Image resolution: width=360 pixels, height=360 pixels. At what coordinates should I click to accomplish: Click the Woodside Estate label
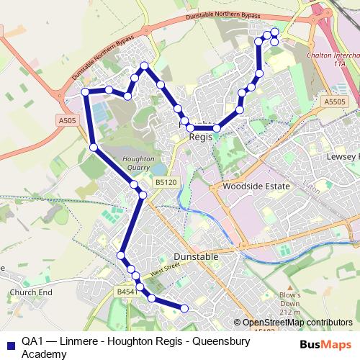[256, 186]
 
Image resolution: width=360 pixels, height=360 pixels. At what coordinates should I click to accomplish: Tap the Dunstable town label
[196, 256]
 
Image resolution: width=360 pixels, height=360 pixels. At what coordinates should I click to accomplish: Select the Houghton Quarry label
[135, 163]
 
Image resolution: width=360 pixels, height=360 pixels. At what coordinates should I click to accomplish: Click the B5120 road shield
[165, 183]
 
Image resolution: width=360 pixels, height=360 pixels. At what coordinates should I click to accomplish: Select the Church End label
[31, 293]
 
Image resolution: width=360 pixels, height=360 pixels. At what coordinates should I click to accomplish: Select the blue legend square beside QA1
[9, 343]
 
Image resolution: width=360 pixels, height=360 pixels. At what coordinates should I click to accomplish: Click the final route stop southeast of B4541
[184, 308]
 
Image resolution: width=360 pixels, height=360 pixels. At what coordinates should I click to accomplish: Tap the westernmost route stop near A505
[85, 92]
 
